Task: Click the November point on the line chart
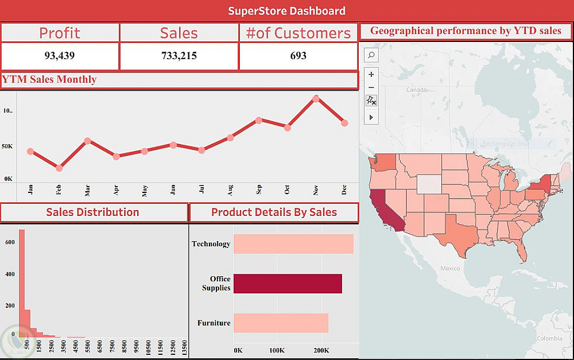click(x=316, y=99)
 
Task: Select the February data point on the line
click(x=59, y=168)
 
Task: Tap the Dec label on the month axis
click(x=344, y=191)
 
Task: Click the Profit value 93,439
click(x=60, y=56)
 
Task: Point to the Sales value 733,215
click(x=179, y=56)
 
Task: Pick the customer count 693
click(x=298, y=56)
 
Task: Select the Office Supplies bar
click(x=288, y=284)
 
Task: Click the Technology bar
click(x=293, y=244)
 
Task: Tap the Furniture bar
click(x=281, y=323)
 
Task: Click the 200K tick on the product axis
click(x=321, y=350)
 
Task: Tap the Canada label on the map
click(x=416, y=90)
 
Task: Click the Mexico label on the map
click(x=450, y=268)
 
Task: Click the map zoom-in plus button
click(x=371, y=74)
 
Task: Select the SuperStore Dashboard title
click(x=287, y=11)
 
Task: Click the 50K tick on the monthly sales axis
click(x=7, y=146)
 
